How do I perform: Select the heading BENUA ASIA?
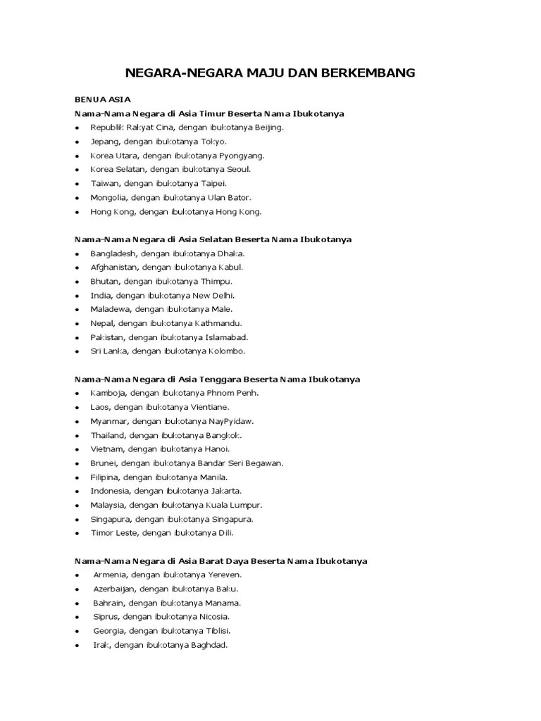[103, 100]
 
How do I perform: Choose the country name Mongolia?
[108, 197]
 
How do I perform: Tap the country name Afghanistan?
[114, 267]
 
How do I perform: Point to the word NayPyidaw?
[230, 421]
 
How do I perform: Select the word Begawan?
[263, 463]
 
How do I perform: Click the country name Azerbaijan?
[114, 589]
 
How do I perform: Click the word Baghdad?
[209, 645]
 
